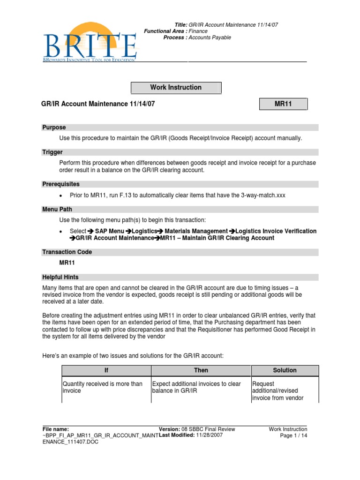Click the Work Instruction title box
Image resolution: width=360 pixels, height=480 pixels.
point(176,88)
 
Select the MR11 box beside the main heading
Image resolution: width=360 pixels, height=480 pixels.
point(283,104)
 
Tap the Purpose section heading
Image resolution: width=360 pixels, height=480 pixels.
point(54,127)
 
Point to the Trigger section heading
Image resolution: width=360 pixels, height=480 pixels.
point(52,152)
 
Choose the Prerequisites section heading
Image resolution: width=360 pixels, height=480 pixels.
point(61,184)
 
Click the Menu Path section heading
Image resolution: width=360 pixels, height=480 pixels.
point(57,210)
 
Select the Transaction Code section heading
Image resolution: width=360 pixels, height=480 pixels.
point(67,252)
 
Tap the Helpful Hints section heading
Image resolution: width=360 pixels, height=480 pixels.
point(60,277)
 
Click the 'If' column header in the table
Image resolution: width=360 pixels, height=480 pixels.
point(106,370)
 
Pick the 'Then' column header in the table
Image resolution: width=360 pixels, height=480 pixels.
point(201,370)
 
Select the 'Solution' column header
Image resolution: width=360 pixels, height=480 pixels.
point(285,370)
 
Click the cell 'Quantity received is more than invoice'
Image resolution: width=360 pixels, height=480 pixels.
point(103,387)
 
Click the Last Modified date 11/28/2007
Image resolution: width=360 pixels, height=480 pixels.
point(209,435)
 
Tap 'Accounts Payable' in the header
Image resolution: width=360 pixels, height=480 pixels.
point(210,37)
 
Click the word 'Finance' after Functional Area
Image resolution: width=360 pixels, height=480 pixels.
point(198,31)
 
